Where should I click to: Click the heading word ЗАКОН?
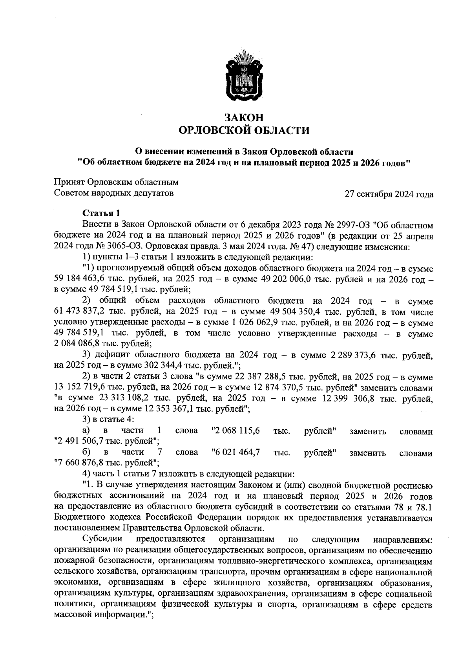(244, 117)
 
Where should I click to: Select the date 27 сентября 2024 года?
(389, 194)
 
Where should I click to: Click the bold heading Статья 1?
(101, 213)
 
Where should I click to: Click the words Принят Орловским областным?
(116, 182)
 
